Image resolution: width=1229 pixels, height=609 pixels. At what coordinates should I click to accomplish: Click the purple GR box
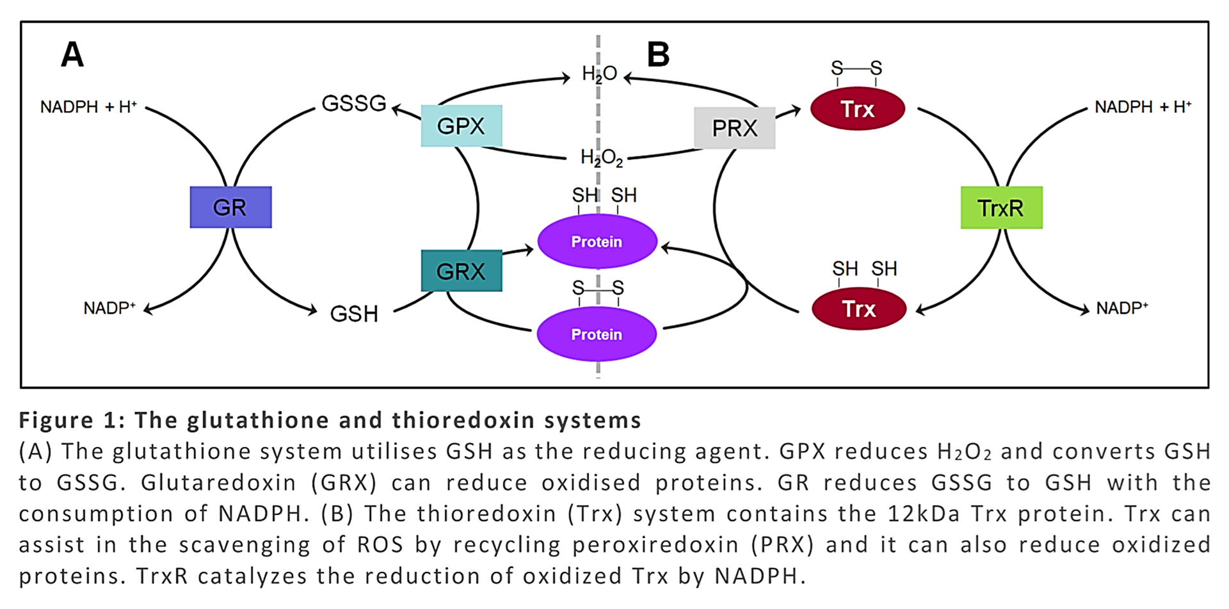coord(230,207)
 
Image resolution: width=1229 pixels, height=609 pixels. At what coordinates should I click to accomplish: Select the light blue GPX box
coord(461,126)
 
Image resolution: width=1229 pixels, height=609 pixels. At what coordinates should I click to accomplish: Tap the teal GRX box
coord(461,271)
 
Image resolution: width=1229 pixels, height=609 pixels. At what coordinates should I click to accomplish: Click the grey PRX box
coord(734,128)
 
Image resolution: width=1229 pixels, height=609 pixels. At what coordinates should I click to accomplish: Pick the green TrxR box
coord(1001,207)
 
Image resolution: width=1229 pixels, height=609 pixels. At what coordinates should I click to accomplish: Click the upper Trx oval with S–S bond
coord(857,109)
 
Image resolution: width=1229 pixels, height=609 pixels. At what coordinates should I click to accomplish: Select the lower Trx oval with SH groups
coord(858,309)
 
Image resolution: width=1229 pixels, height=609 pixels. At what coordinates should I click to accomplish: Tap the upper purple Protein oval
coord(597,241)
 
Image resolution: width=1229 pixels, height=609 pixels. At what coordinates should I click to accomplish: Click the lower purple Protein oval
coord(597,334)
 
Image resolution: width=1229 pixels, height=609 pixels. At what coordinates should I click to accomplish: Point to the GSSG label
coord(353,103)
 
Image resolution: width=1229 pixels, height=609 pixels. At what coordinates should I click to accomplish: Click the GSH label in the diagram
coord(353,314)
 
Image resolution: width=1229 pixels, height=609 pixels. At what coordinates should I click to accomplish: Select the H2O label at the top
coord(599,74)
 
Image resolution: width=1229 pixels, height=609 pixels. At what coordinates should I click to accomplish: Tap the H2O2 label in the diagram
coord(601,158)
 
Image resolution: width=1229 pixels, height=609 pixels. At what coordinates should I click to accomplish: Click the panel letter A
coord(72,54)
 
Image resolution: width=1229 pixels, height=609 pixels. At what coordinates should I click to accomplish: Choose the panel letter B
coord(658,54)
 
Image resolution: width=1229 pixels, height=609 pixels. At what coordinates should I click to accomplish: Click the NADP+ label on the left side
coord(109,308)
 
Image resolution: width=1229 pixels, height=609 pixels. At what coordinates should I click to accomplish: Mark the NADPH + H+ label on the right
coord(1143,107)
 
